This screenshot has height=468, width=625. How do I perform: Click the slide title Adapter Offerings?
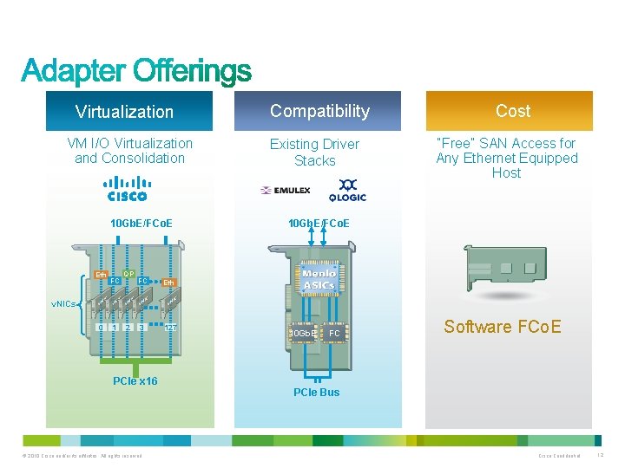coord(136,71)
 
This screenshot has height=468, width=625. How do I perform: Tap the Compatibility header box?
coord(319,111)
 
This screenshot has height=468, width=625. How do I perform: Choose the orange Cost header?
coord(512,111)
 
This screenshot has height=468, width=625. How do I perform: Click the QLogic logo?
coord(345,190)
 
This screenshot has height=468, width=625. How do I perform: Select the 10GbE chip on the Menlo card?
coord(303,333)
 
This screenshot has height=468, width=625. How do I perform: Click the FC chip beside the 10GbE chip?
coord(333,333)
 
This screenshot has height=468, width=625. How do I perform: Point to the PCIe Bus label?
coord(316,392)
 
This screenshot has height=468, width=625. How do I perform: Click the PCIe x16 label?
coord(135,381)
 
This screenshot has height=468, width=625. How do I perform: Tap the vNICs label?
coord(63,304)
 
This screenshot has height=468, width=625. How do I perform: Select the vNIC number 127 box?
coord(173,328)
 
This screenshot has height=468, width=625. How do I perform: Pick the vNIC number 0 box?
coord(101,328)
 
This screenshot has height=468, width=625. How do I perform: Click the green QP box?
coord(128,274)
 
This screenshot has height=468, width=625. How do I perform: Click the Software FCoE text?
coord(502,327)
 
